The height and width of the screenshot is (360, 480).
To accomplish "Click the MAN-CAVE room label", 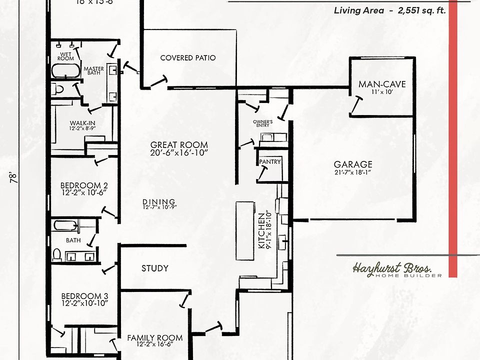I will [382, 84].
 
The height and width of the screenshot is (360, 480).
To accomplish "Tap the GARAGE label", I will [353, 164].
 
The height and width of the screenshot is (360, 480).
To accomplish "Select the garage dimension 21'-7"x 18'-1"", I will [353, 172].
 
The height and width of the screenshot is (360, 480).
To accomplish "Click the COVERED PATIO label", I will [188, 58].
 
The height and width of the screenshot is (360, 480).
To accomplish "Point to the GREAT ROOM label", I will [178, 145].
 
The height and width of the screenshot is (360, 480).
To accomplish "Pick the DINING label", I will [159, 201].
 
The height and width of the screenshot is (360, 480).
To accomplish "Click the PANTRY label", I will [270, 162].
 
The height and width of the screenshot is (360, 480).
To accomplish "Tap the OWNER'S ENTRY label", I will [262, 123].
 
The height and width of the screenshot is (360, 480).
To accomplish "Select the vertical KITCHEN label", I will [261, 230].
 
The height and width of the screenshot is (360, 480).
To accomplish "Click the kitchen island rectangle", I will [245, 230].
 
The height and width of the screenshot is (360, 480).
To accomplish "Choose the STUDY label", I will [154, 268].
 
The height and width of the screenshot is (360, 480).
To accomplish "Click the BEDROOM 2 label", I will [83, 184].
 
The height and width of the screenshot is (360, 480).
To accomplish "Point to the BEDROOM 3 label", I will [83, 294].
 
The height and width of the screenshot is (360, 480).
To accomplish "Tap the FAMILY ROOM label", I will [154, 338].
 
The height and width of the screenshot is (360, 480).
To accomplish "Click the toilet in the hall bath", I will [56, 254].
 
